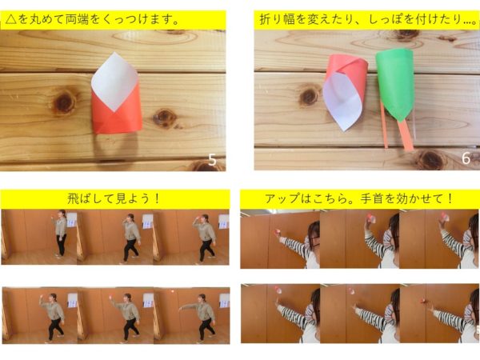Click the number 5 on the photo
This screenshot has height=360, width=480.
tap(212, 160)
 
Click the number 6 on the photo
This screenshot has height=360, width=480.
tap(466, 158)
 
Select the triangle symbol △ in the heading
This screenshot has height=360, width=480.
tap(10, 19)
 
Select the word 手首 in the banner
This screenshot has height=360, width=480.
tap(372, 198)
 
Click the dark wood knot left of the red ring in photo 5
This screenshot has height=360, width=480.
tap(64, 102)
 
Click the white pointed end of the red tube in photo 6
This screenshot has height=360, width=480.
tap(344, 129)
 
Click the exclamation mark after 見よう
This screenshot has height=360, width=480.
tap(157, 198)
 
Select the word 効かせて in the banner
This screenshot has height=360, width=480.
tap(418, 198)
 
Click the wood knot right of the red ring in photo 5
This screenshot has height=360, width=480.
tap(164, 118)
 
